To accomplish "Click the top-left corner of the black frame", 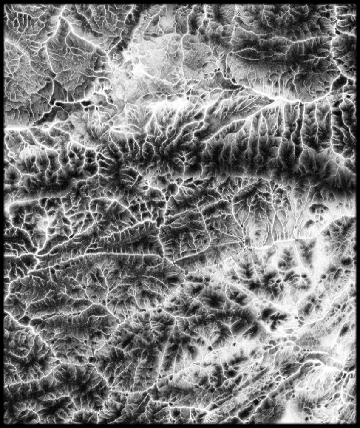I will pos(2,2).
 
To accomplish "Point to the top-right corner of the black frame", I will pos(358,2).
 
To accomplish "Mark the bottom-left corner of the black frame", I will pos(2,426).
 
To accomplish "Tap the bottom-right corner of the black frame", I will pos(358,426).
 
